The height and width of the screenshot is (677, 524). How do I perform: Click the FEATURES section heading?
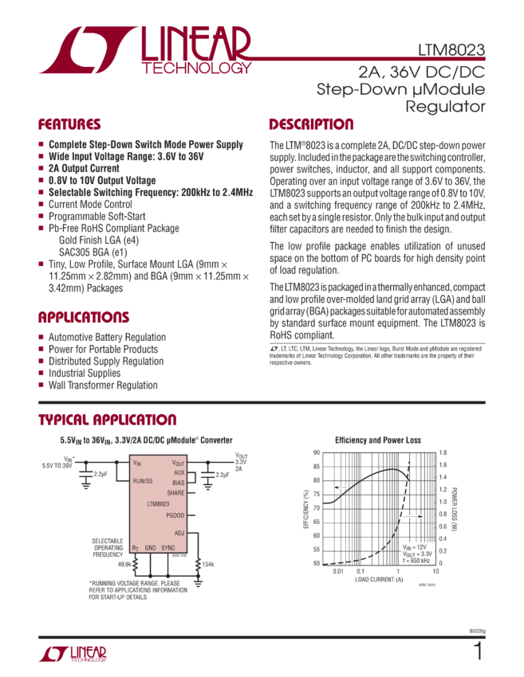70,125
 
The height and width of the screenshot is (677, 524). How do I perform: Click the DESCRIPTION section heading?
311,125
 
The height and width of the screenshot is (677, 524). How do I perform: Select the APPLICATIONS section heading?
84,317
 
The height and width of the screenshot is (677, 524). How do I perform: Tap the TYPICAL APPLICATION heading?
108,421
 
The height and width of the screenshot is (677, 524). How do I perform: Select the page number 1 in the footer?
479,652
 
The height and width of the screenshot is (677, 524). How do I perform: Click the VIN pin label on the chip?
137,463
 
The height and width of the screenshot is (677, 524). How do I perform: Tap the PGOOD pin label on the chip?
175,516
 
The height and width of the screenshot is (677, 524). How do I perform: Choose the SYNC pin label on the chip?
168,549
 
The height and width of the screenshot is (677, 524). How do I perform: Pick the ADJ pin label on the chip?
179,532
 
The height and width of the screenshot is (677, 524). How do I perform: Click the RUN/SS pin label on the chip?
143,481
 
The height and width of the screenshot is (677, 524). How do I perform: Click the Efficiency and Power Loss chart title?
376,440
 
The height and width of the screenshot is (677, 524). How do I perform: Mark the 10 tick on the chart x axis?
435,571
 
